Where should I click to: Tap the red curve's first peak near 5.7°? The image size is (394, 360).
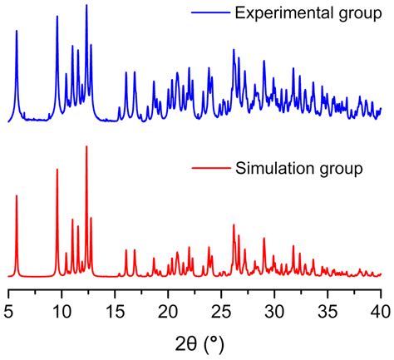point(17,196)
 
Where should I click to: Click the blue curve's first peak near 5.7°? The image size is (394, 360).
point(17,31)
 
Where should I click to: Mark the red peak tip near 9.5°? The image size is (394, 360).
point(57,170)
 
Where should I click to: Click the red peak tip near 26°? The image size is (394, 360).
point(233,224)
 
